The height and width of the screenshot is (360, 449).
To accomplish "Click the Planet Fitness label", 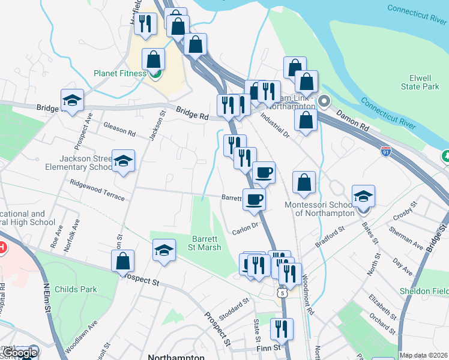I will point(120,74).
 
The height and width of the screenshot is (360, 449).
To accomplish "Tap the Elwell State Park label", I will point(424,82).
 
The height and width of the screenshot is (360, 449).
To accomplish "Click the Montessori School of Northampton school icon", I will point(363,196).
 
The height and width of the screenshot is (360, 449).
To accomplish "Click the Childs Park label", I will point(76,289).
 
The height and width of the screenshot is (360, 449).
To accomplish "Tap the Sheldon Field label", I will point(424,291).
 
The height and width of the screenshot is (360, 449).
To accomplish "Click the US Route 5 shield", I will point(282,292).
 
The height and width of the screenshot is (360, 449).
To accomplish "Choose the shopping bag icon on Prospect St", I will point(122,261).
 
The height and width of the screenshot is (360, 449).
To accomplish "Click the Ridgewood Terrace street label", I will point(97,190).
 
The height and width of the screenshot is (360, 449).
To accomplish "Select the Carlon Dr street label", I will point(246,229).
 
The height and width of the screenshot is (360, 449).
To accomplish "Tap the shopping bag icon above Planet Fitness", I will point(154,59).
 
